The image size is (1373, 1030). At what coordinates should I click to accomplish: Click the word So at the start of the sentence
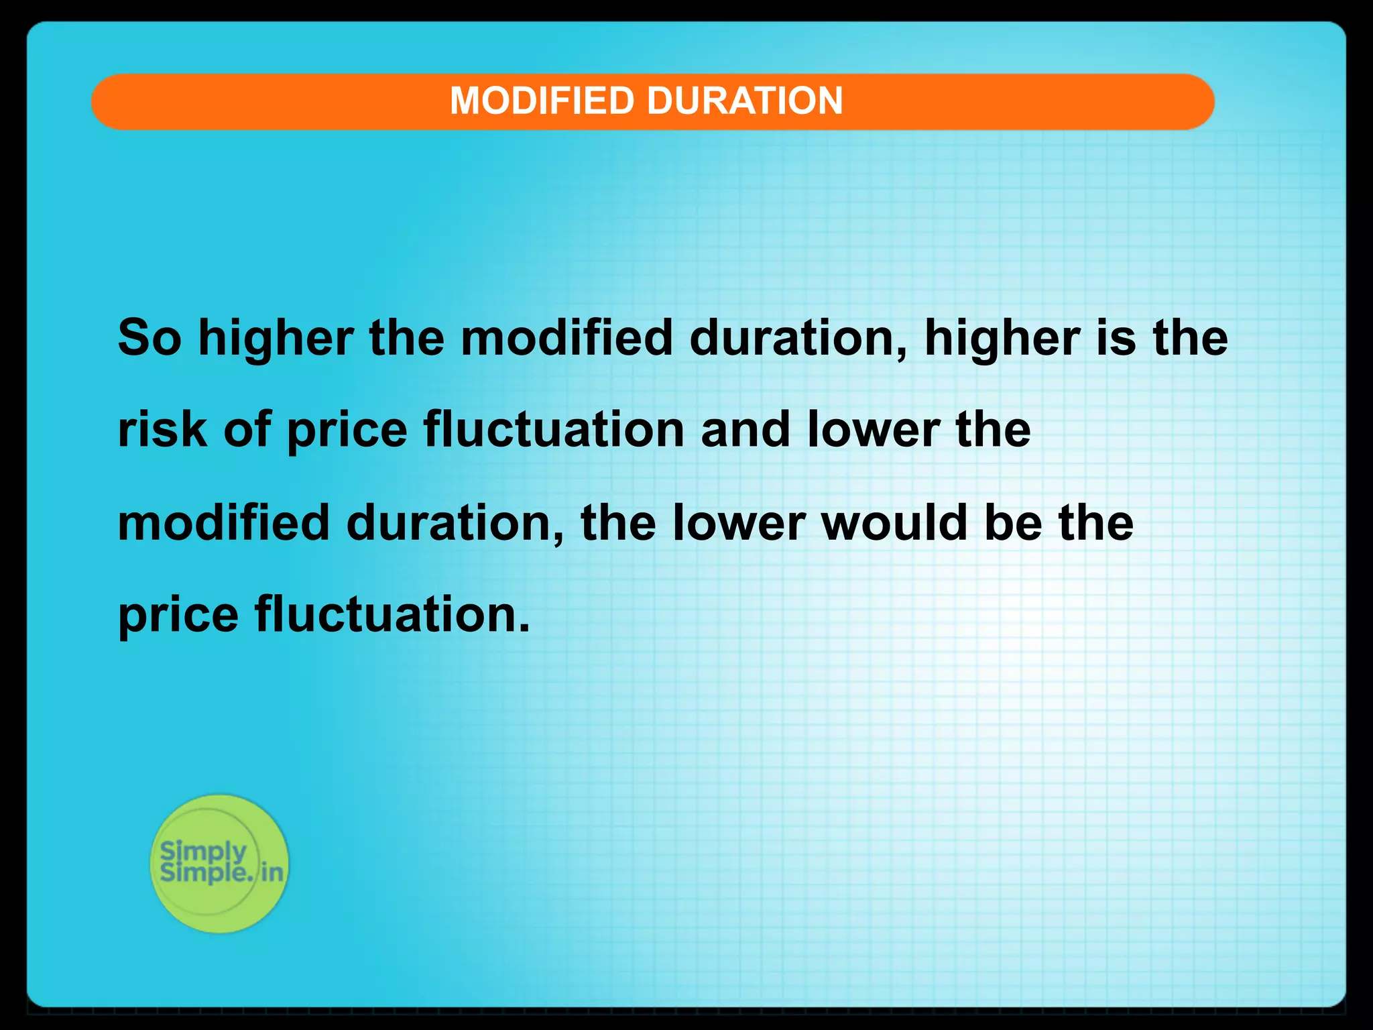(x=150, y=338)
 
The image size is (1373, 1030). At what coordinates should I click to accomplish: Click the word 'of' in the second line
(x=247, y=431)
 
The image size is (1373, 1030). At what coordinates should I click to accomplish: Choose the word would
(x=894, y=523)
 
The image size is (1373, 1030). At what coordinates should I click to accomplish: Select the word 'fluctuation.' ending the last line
(x=392, y=615)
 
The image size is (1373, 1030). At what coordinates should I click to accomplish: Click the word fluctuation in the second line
(x=554, y=431)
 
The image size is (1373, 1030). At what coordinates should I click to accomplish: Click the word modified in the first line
(x=566, y=338)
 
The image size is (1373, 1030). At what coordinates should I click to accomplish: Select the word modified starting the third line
(x=223, y=523)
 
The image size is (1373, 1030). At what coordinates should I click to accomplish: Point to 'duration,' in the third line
(x=456, y=523)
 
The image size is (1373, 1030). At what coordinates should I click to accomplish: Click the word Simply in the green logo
(x=203, y=852)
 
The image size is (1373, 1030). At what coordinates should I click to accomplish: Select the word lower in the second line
(x=873, y=431)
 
